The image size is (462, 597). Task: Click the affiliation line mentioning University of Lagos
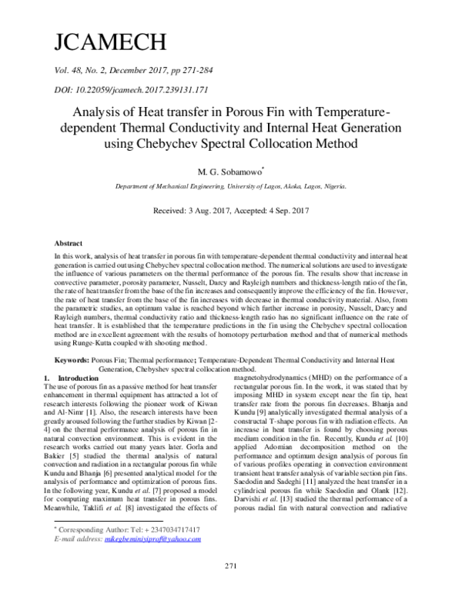[x=230, y=187]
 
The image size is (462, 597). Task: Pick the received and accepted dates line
[x=230, y=210]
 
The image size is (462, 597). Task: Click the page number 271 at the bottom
[x=230, y=587]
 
